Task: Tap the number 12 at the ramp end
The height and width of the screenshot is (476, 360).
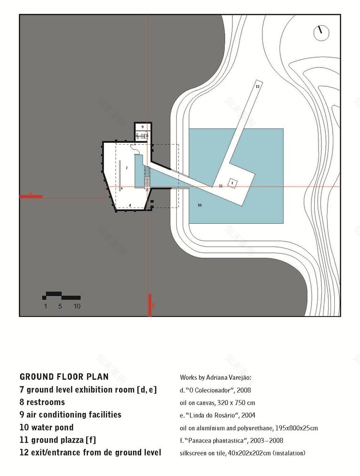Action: (x=257, y=87)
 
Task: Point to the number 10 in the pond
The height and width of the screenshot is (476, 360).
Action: (x=200, y=205)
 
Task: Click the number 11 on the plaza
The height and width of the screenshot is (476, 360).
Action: (x=221, y=186)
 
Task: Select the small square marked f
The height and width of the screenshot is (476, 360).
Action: (x=232, y=182)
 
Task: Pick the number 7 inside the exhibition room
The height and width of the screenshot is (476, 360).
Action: (x=127, y=168)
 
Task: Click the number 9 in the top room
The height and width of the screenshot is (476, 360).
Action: (x=142, y=127)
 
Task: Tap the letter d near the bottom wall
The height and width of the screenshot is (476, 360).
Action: (x=130, y=205)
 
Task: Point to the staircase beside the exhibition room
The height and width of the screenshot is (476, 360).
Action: (x=147, y=181)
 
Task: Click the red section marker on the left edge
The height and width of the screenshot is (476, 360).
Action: (x=31, y=195)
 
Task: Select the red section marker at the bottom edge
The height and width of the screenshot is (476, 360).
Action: (x=150, y=305)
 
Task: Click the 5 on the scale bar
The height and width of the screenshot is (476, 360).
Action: (x=60, y=307)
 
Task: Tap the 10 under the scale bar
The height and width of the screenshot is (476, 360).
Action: (x=77, y=307)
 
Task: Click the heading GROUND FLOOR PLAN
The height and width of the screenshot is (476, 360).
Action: (x=64, y=377)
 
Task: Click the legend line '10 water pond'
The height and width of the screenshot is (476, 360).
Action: (x=47, y=427)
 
